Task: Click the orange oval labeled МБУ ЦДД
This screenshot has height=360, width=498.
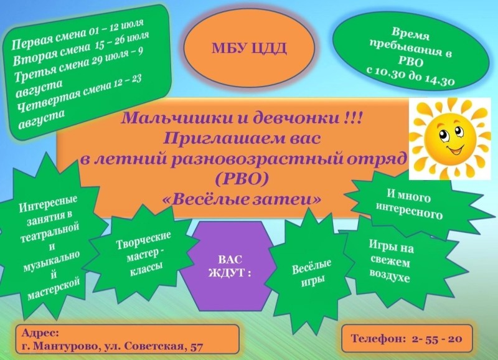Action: [x=249, y=47]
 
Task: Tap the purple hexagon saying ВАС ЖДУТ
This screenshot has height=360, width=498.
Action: [x=230, y=265]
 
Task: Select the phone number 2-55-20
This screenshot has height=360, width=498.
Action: [x=437, y=338]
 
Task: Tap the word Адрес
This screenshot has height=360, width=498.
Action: [x=40, y=333]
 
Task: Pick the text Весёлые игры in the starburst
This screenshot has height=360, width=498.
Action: [x=312, y=273]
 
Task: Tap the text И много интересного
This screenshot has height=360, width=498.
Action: [x=409, y=204]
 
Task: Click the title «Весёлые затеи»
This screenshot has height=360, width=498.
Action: [x=242, y=199]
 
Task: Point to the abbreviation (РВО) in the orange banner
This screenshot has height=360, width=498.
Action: [x=242, y=179]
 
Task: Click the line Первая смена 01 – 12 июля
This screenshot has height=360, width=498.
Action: [x=77, y=34]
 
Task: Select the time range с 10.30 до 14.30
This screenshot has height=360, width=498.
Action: [x=410, y=75]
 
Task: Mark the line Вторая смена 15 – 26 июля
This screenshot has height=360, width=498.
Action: [x=81, y=49]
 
